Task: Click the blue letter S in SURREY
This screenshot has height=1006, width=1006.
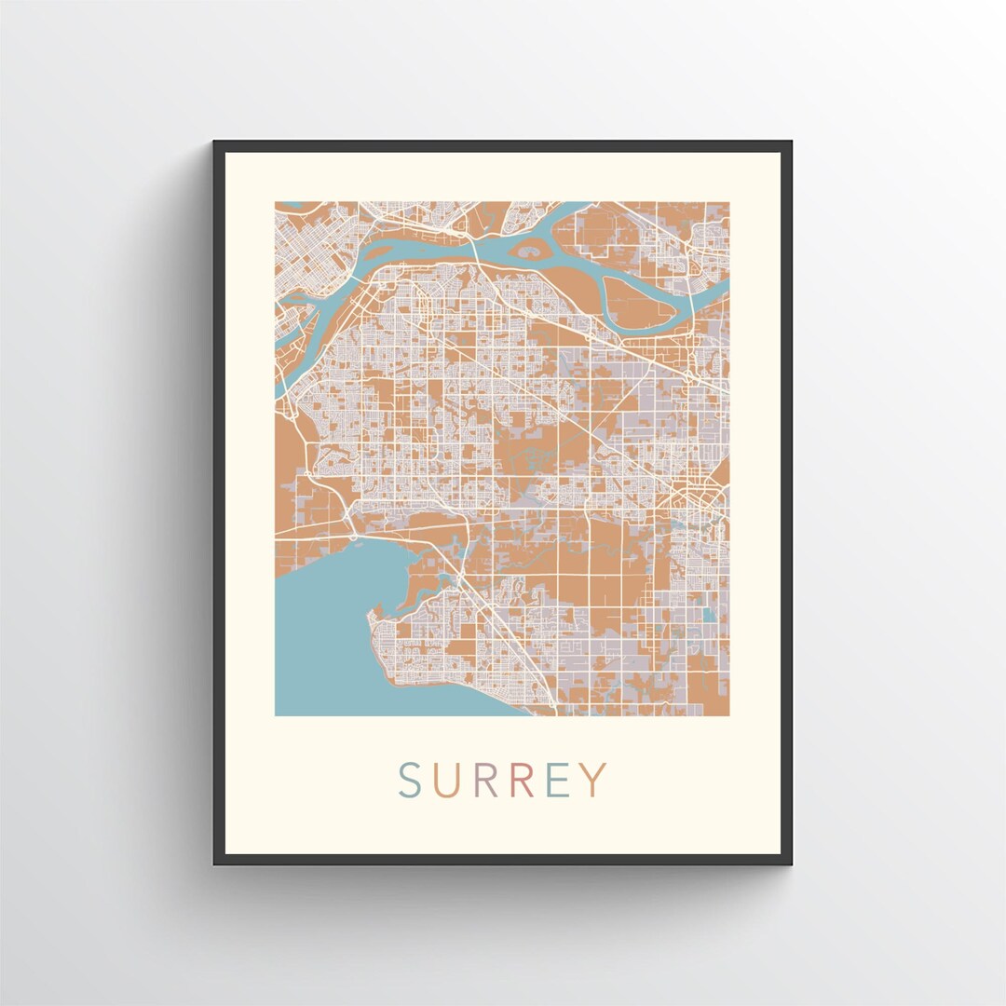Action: coord(411,781)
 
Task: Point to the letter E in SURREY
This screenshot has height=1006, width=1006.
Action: coord(557,781)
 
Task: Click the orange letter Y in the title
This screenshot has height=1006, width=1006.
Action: coord(593,781)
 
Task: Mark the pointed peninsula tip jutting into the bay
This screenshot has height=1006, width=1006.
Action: coord(374,614)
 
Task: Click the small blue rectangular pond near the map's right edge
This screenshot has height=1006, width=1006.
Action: coord(711,615)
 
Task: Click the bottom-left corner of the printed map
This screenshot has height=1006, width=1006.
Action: coord(276,714)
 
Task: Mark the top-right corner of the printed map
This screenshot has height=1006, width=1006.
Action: coord(728,203)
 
